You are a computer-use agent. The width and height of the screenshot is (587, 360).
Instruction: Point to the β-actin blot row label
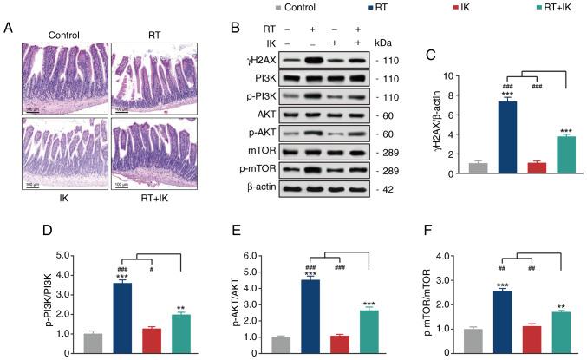(x=252, y=186)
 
